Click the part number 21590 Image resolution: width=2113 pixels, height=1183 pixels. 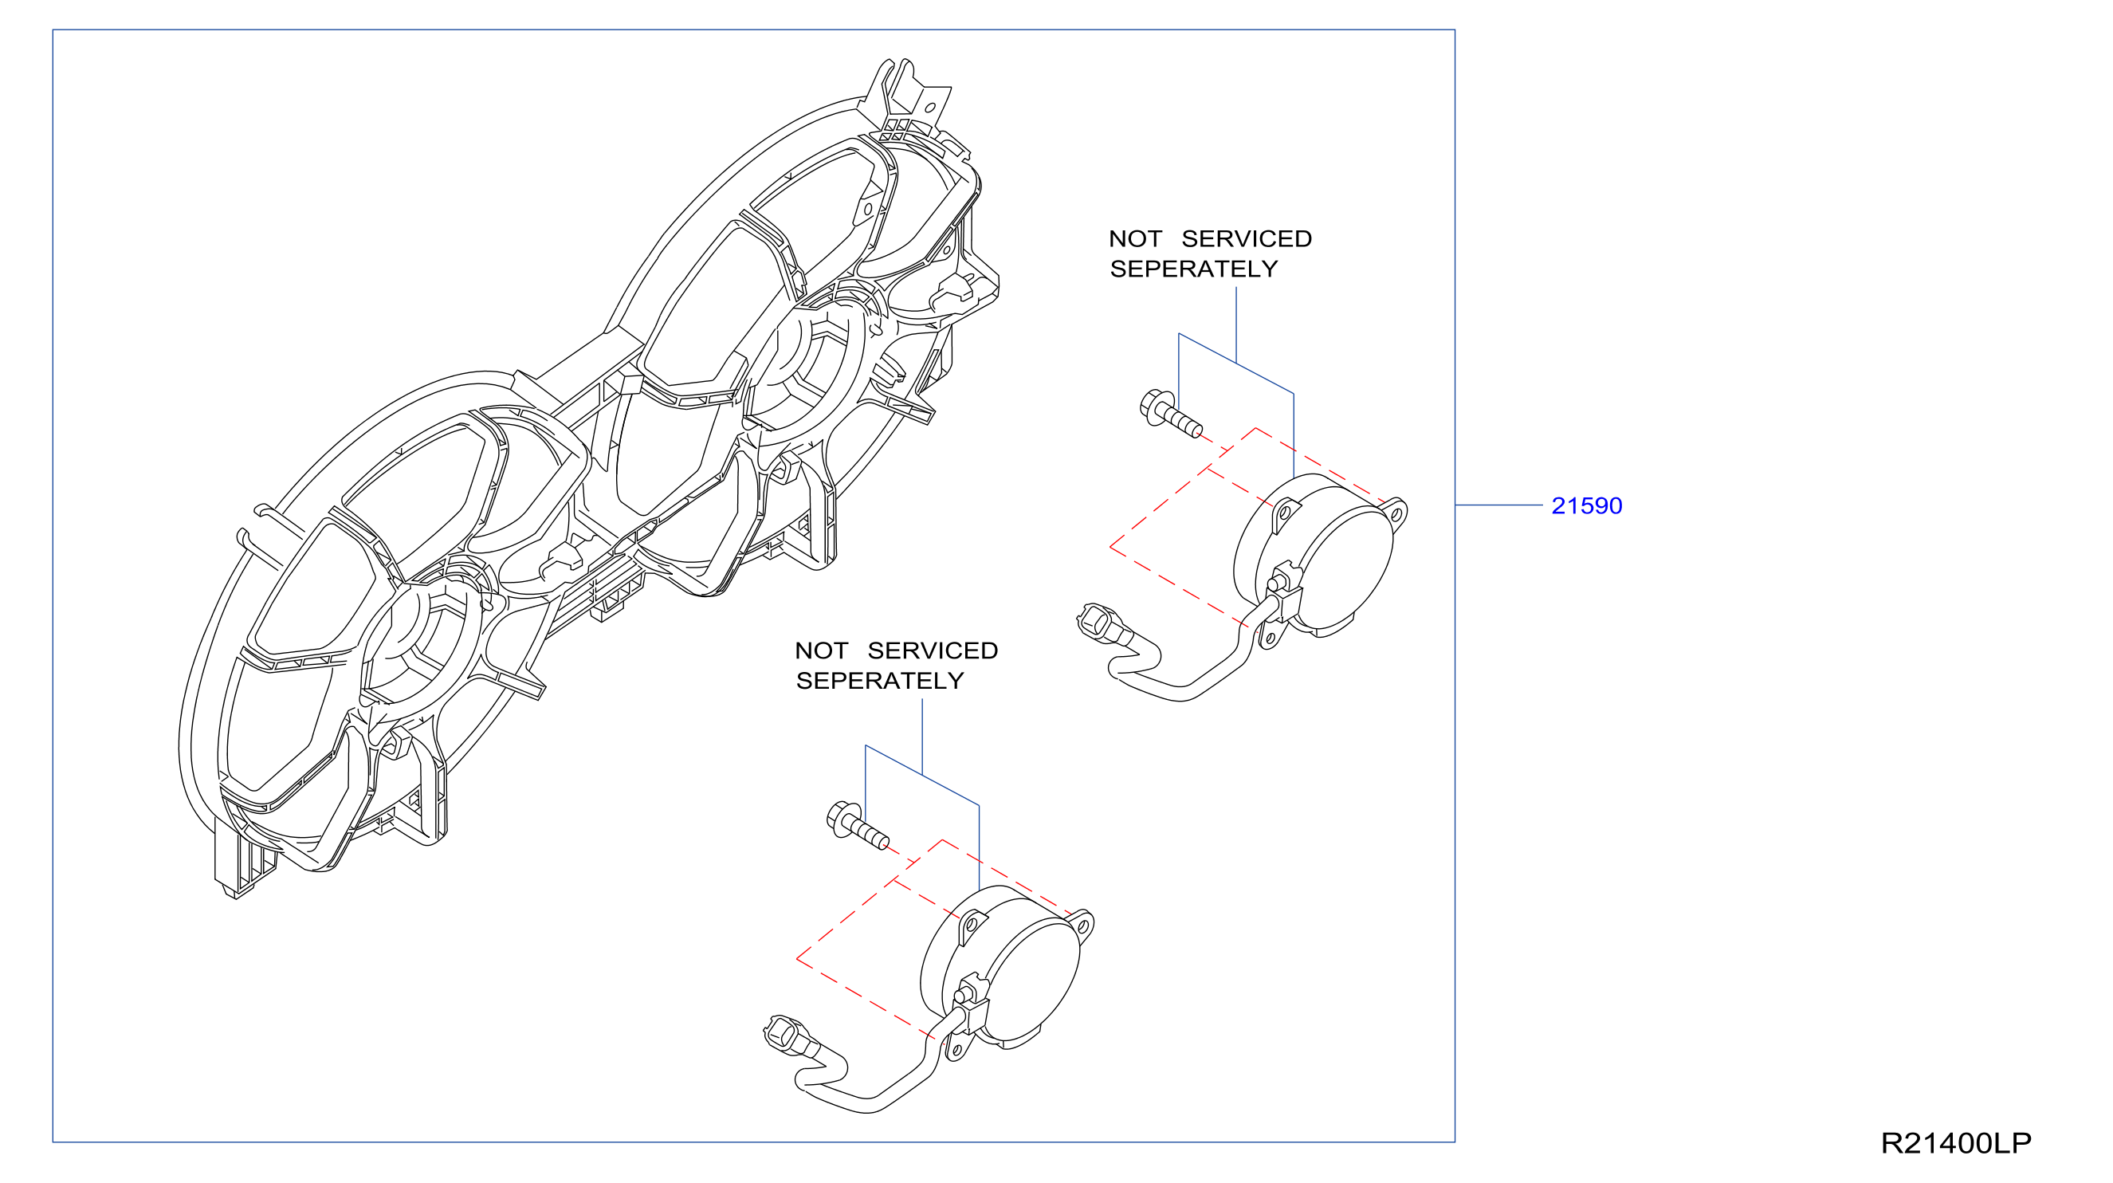pos(1586,505)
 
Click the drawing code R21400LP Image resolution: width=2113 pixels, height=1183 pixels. pos(1955,1143)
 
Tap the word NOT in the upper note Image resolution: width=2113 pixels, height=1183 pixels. pos(1135,238)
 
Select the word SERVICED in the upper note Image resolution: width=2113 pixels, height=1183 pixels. pos(1247,238)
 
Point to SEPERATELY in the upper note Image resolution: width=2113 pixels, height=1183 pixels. pos(1193,269)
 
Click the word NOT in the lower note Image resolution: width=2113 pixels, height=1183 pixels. pos(821,650)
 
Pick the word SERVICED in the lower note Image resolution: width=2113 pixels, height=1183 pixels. pos(933,650)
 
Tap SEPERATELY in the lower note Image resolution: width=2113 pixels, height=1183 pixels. pos(880,681)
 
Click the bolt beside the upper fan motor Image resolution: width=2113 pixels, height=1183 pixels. pos(1172,414)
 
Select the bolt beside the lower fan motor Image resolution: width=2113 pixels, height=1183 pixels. pos(857,825)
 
